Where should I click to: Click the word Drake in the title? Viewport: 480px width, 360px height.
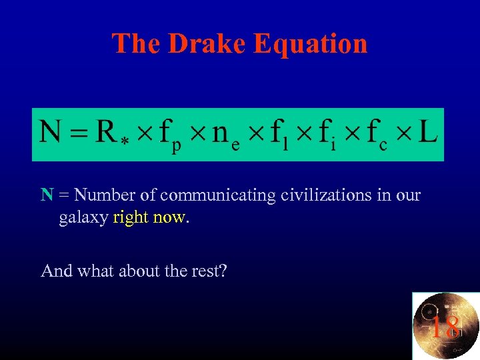[208, 43]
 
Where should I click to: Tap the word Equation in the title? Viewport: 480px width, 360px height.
[311, 45]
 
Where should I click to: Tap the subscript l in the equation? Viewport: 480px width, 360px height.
[294, 145]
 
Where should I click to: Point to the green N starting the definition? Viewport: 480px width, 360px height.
[47, 195]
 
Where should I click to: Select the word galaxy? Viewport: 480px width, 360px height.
[84, 219]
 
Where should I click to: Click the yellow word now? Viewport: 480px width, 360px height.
[170, 218]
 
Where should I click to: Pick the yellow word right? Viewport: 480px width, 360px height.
[131, 219]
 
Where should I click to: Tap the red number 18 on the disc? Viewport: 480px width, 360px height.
[445, 327]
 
